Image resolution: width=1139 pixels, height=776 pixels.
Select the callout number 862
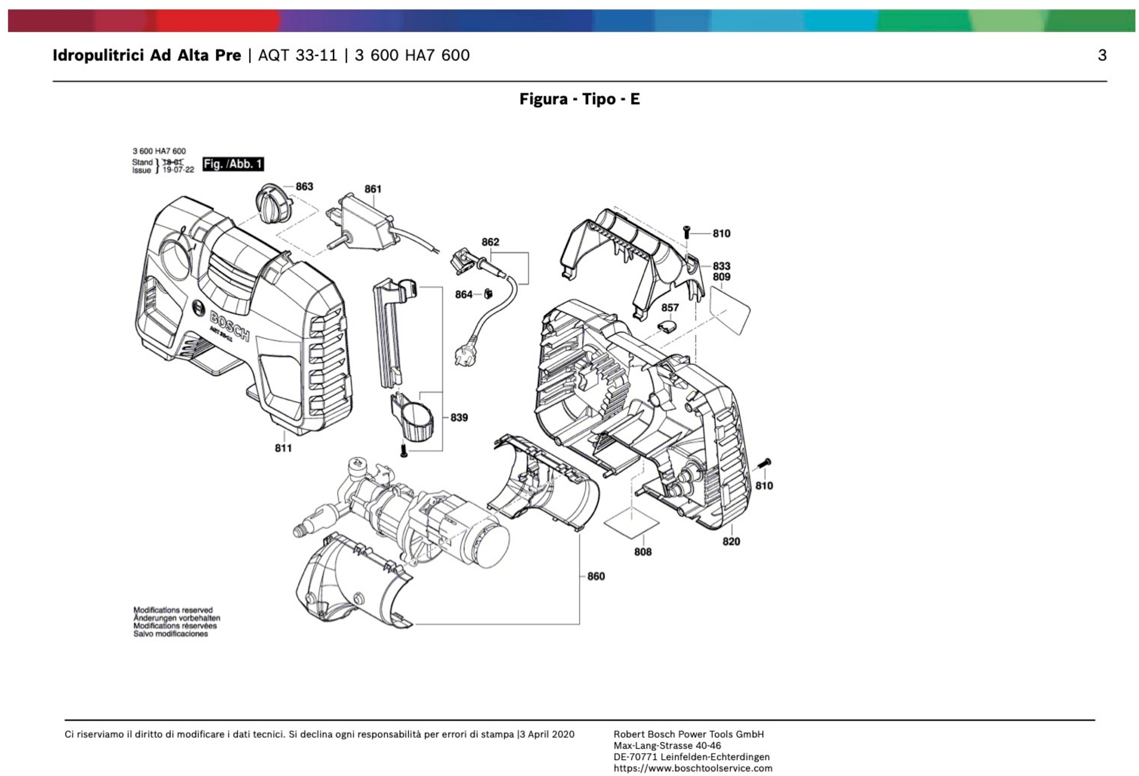tap(490, 242)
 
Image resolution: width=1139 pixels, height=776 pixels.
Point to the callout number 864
tap(463, 295)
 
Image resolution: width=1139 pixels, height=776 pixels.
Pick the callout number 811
tap(283, 448)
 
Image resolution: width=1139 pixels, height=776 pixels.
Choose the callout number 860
tap(596, 576)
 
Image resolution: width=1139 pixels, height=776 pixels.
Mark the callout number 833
tap(721, 266)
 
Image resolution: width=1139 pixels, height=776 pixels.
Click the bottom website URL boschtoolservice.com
tap(693, 768)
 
